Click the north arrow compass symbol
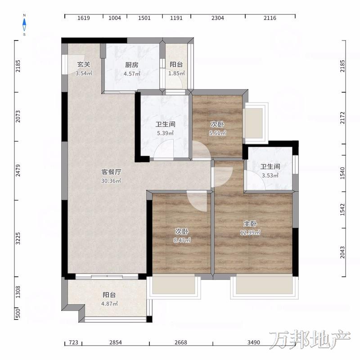pyautogui.click(x=24, y=25)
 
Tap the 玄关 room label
pyautogui.click(x=84, y=64)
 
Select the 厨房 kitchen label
pyautogui.click(x=132, y=65)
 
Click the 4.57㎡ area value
pyautogui.click(x=132, y=74)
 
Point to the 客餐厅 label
pyautogui.click(x=111, y=172)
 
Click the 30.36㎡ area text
pyautogui.click(x=111, y=181)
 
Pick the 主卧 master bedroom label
pyautogui.click(x=250, y=223)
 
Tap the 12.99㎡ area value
pyautogui.click(x=250, y=232)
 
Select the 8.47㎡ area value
pyautogui.click(x=182, y=240)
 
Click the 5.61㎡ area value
pyautogui.click(x=217, y=133)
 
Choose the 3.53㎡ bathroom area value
pyautogui.click(x=270, y=175)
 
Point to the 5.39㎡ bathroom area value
pyautogui.click(x=165, y=133)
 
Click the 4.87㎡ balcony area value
pyautogui.click(x=109, y=304)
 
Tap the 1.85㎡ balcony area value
pyautogui.click(x=176, y=73)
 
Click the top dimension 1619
pyautogui.click(x=84, y=18)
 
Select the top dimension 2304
pyautogui.click(x=218, y=18)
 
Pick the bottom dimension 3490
pyautogui.click(x=254, y=342)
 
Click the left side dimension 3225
pyautogui.click(x=18, y=238)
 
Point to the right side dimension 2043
pyautogui.click(x=342, y=252)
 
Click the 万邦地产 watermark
pyautogui.click(x=310, y=340)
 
